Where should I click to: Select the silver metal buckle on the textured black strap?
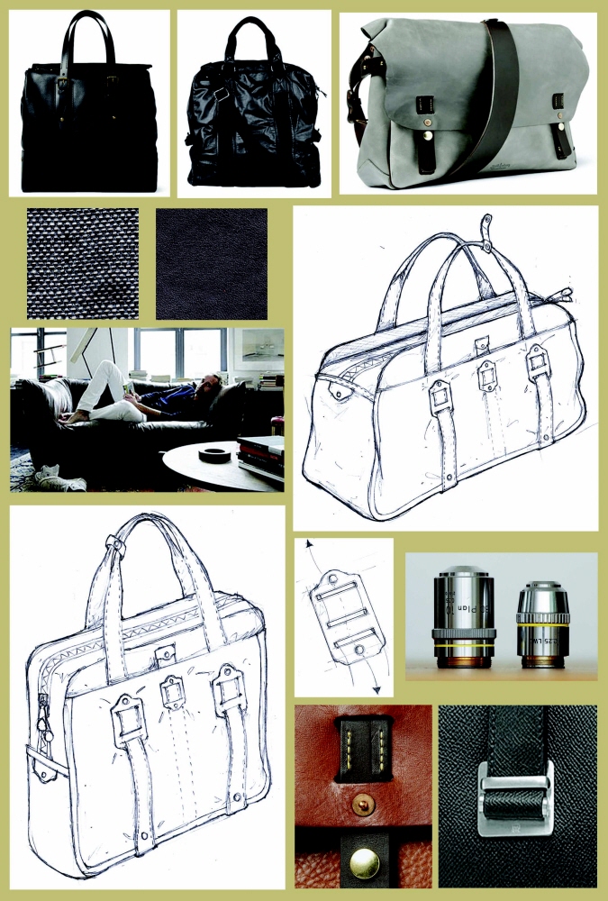[514, 794]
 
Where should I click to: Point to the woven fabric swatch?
[83, 263]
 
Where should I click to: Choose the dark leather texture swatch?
[212, 263]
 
